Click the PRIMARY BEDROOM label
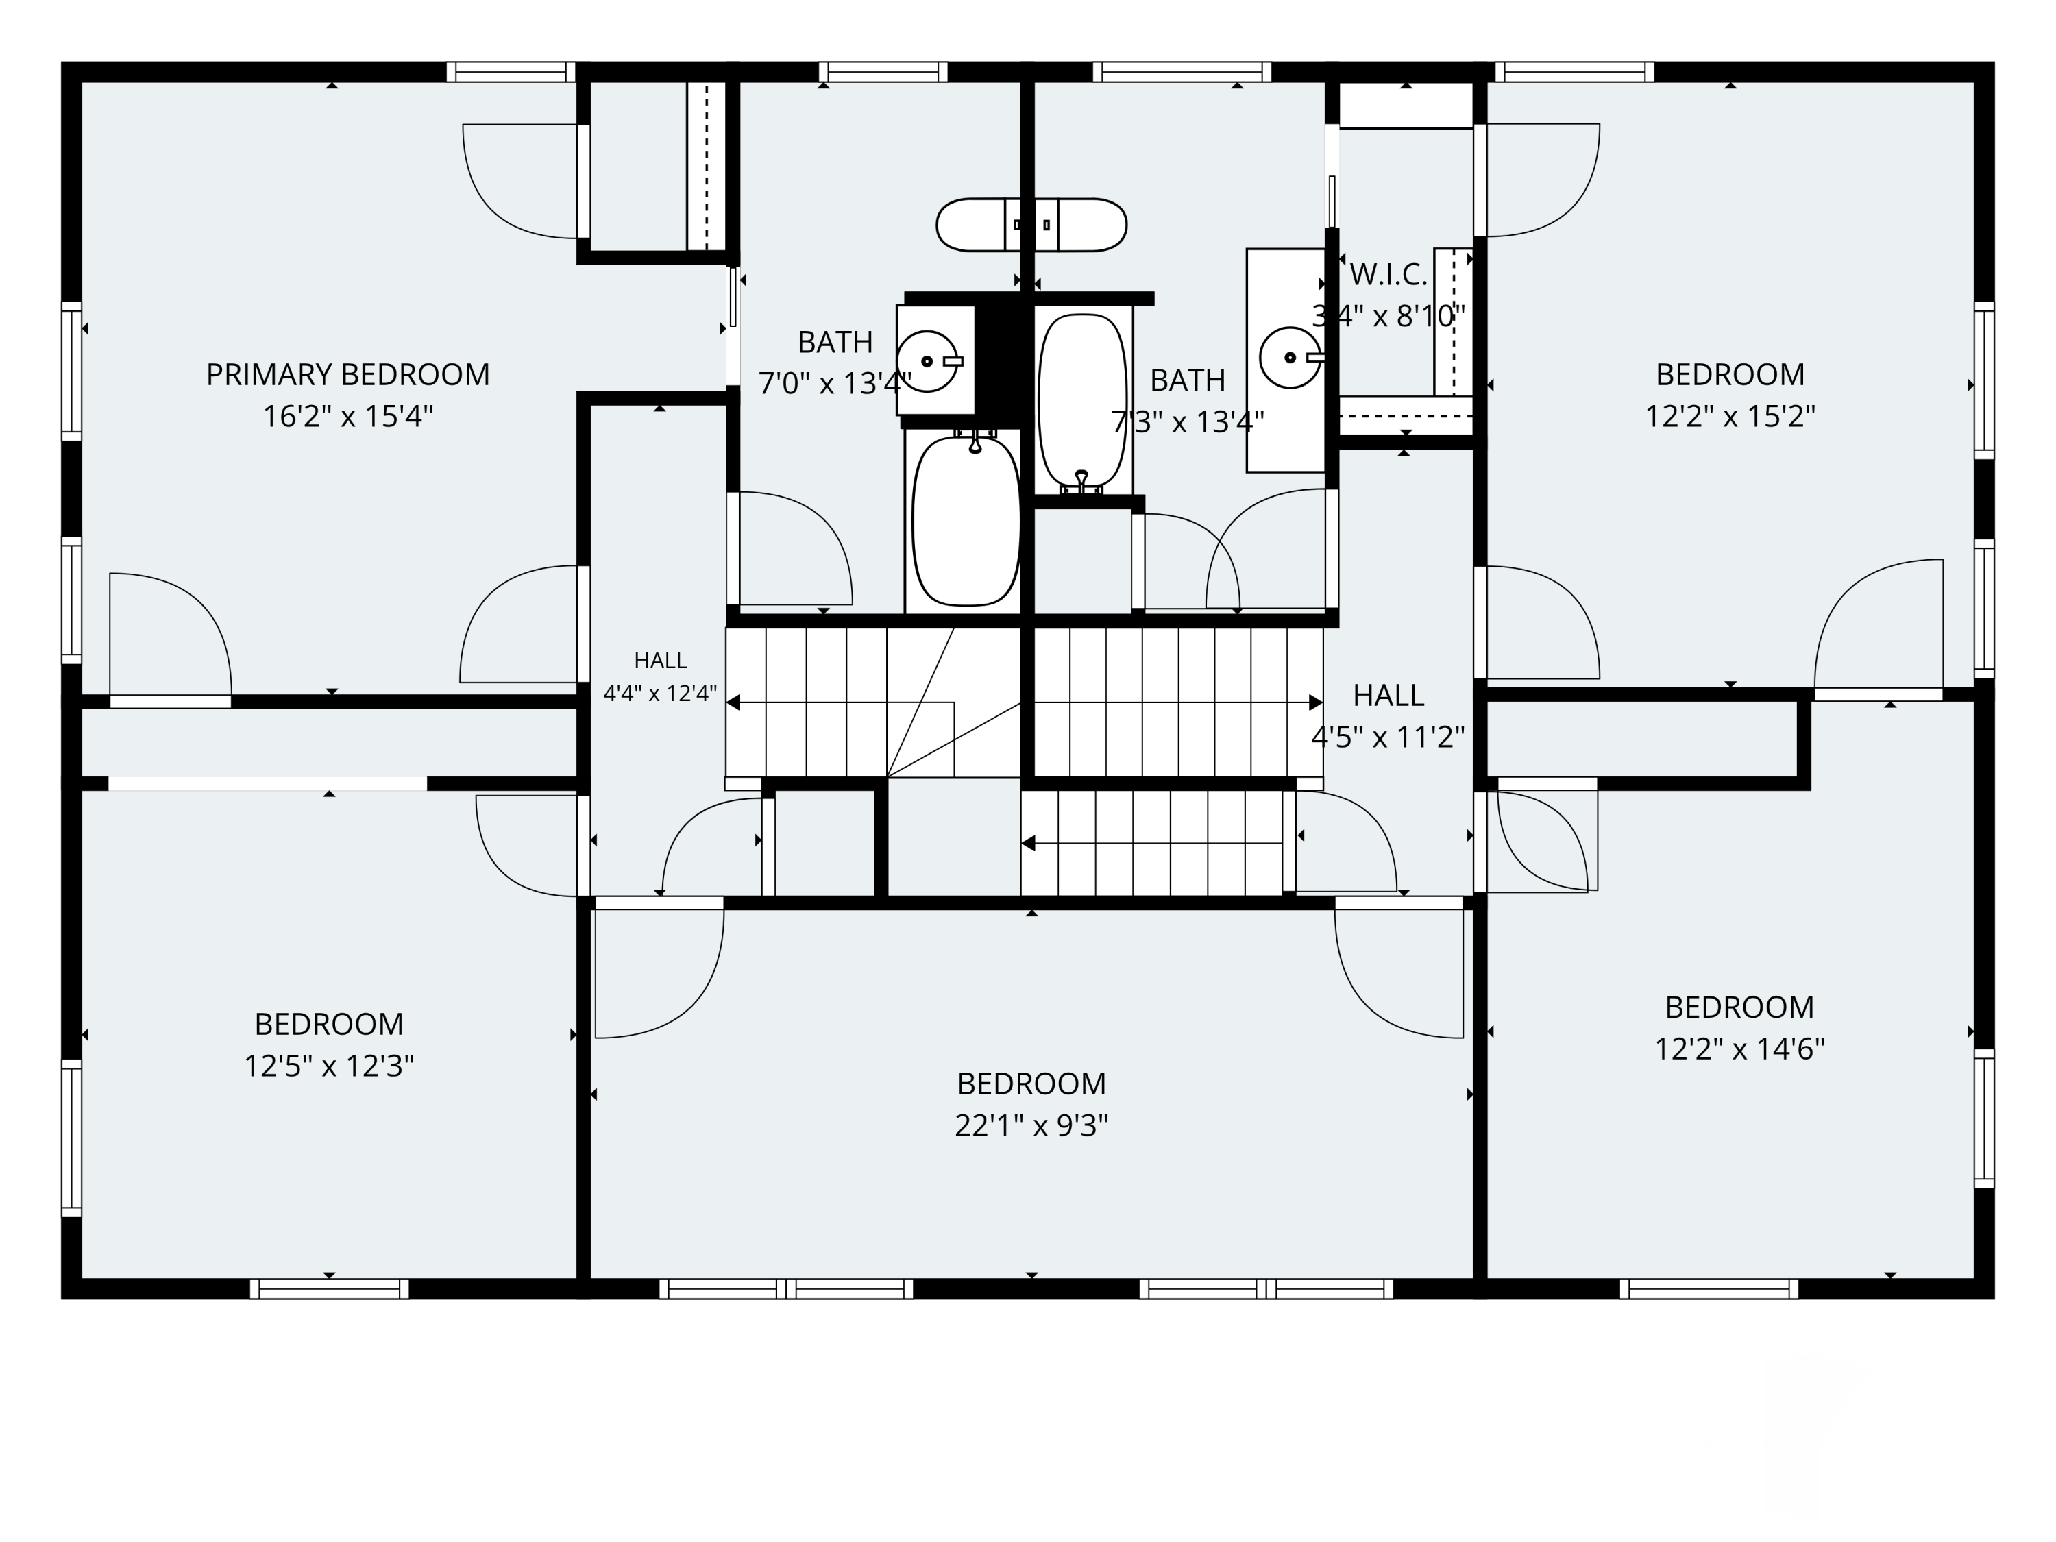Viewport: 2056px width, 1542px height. (347, 375)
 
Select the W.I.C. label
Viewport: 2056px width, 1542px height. (1388, 274)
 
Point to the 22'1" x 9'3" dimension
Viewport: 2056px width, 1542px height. (1031, 1125)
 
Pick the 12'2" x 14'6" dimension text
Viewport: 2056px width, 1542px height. (1739, 1049)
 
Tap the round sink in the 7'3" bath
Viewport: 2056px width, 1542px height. (1290, 358)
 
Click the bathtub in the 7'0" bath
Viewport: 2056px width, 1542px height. (966, 520)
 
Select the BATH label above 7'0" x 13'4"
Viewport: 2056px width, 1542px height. (835, 343)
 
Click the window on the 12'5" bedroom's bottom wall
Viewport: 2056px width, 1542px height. (329, 1288)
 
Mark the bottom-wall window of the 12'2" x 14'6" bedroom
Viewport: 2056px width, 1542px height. (1709, 1288)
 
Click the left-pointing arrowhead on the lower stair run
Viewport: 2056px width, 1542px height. (1028, 843)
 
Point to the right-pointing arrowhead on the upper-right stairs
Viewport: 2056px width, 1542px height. (1316, 702)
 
